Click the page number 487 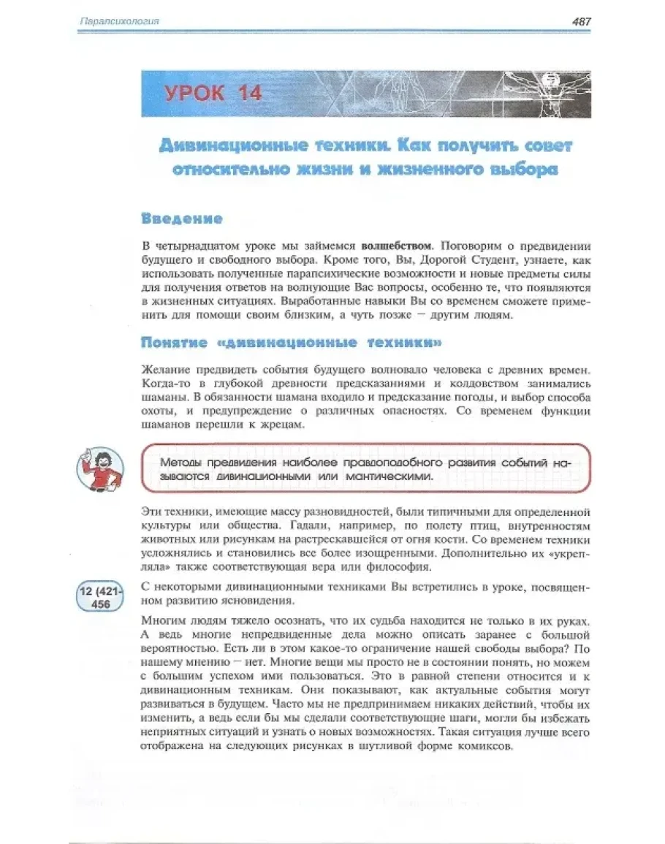pyautogui.click(x=581, y=22)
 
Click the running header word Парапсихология pyautogui.click(x=119, y=22)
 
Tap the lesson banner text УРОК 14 pyautogui.click(x=213, y=94)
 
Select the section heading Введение pyautogui.click(x=182, y=218)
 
